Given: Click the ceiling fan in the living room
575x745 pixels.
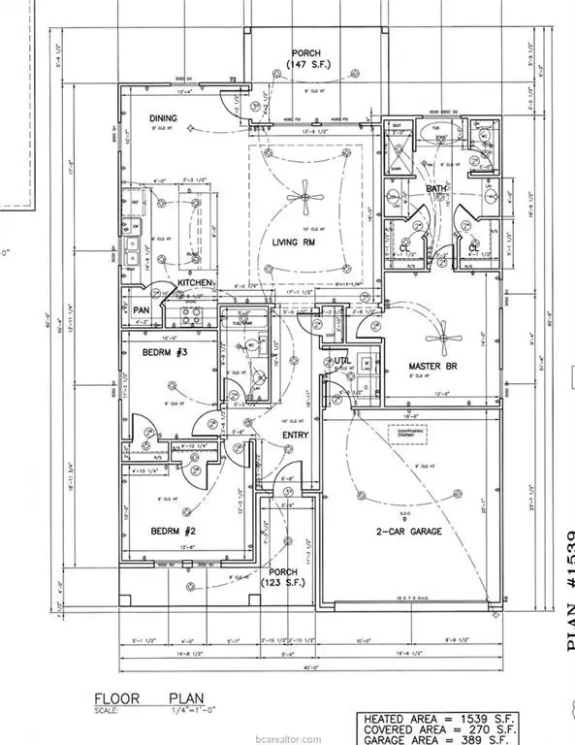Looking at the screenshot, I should (x=306, y=200).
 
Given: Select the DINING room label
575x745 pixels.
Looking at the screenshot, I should (x=164, y=119).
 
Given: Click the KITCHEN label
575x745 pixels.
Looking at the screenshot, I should (x=196, y=283).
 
